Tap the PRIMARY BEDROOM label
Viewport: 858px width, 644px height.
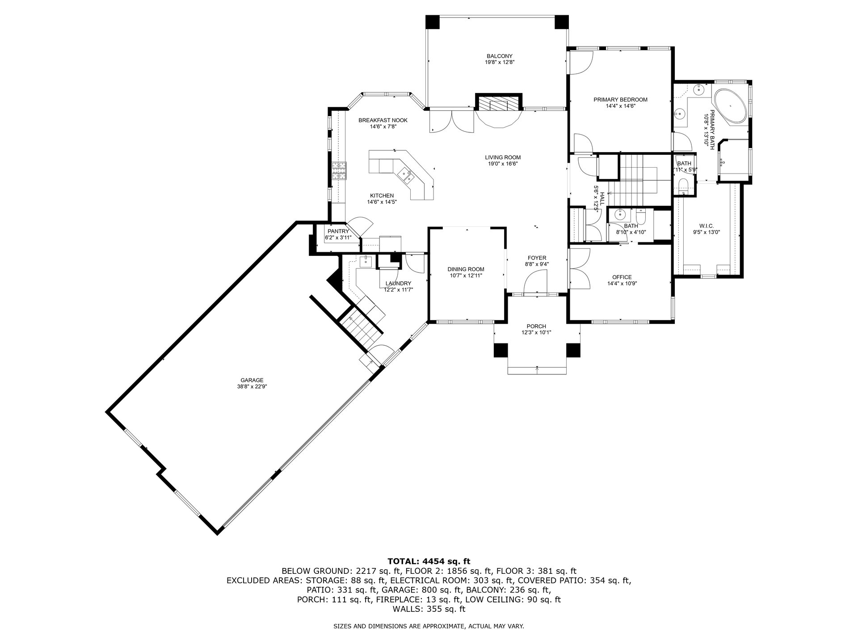[620, 100]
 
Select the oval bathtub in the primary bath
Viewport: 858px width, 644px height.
[731, 107]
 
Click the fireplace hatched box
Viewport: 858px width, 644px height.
[499, 103]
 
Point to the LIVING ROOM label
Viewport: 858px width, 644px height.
[503, 157]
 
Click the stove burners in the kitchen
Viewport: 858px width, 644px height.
[339, 171]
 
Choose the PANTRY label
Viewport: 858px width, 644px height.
[338, 231]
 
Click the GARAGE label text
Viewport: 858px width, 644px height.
[252, 380]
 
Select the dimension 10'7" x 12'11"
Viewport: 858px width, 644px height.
[466, 275]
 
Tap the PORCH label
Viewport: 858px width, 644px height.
[536, 326]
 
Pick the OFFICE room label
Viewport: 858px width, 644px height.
[622, 277]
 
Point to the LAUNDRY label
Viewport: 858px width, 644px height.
[398, 283]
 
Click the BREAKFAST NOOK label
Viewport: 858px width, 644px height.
[383, 120]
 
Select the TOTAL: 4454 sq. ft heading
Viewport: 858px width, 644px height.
[429, 561]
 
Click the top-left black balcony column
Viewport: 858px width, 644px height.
[432, 22]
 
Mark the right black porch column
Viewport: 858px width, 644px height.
[573, 350]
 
